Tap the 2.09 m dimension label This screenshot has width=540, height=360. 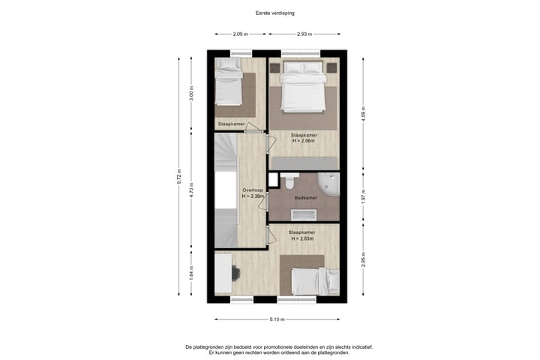tap(240, 34)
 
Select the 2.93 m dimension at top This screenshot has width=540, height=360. tap(304, 34)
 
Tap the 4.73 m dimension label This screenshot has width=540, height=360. tap(192, 192)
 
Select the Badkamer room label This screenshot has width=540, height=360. tap(305, 198)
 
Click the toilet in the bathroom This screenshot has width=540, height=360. tap(286, 182)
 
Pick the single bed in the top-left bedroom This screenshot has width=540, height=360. tap(228, 86)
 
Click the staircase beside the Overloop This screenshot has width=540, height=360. tap(226, 190)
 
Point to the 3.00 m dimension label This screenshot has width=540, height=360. tap(192, 95)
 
